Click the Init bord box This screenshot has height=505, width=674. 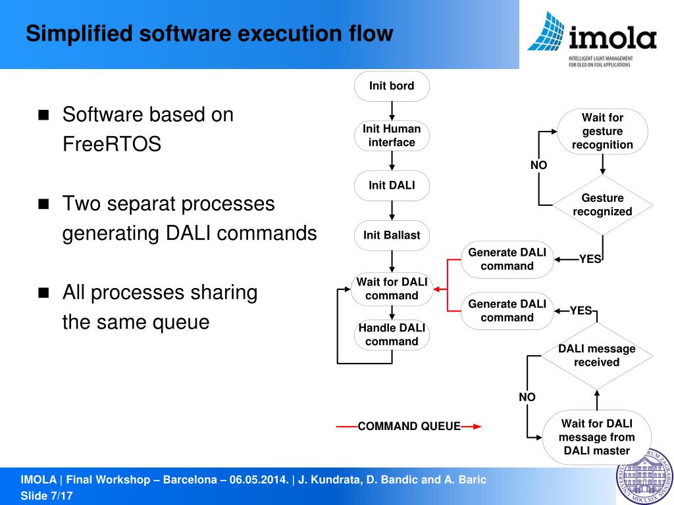(x=392, y=86)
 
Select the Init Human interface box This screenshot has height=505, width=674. (x=392, y=136)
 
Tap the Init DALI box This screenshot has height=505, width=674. (x=392, y=185)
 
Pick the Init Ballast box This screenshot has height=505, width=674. (x=392, y=235)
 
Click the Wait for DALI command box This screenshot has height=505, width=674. (x=392, y=289)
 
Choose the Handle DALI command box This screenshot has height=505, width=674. (x=392, y=335)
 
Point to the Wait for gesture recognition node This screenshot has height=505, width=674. (x=602, y=132)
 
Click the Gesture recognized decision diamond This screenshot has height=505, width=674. (x=602, y=205)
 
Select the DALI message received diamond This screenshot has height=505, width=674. (x=596, y=356)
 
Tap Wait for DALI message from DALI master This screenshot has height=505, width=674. (x=596, y=437)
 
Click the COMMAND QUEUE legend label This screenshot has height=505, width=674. (x=409, y=427)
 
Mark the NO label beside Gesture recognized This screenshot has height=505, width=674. (x=538, y=166)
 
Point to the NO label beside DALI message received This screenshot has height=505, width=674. (x=527, y=397)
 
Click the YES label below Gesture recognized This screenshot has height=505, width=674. (x=590, y=259)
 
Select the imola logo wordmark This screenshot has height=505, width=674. (x=612, y=39)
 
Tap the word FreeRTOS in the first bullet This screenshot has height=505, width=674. (x=112, y=144)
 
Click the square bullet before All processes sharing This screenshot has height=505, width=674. (x=44, y=293)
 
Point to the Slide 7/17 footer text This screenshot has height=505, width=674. (x=47, y=496)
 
